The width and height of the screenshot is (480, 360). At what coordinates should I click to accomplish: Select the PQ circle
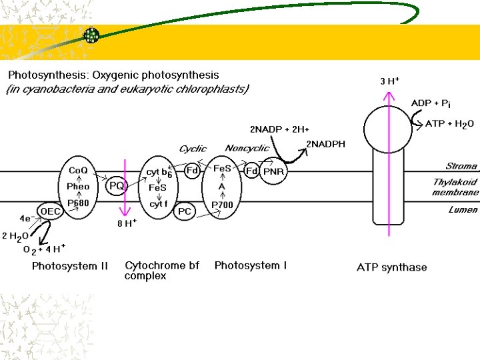(x=117, y=185)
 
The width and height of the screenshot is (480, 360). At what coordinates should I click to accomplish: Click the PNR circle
(x=273, y=172)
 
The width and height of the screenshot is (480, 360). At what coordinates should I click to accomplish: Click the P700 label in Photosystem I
(x=223, y=205)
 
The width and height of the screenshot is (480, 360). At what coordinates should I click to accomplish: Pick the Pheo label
(x=78, y=187)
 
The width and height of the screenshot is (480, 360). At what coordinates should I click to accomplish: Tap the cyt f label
(x=157, y=204)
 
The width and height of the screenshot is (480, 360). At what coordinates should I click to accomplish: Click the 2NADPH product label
(x=325, y=144)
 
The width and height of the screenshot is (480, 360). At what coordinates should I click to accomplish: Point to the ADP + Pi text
(x=431, y=103)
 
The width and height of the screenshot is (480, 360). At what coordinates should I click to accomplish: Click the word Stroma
(x=461, y=166)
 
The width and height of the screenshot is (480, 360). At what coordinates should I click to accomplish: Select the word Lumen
(x=463, y=209)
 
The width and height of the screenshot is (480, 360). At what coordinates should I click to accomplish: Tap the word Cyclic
(x=193, y=149)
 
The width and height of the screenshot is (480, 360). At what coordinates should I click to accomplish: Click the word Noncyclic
(x=247, y=148)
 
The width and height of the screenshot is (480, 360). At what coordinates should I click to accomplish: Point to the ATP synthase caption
(x=392, y=267)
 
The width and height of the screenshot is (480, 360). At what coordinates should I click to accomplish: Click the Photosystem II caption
(x=70, y=266)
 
